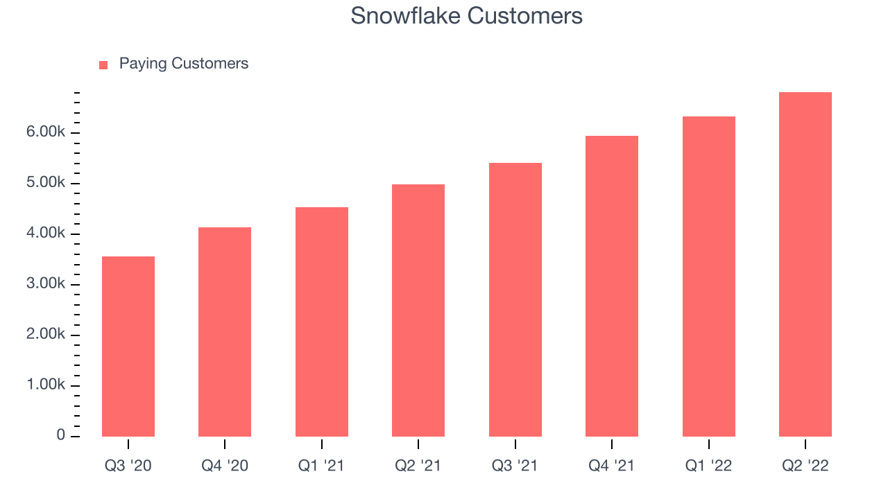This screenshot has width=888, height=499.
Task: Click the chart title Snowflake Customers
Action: (x=466, y=16)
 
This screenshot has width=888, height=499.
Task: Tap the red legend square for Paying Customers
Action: (x=103, y=65)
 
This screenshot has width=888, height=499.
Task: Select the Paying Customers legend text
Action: (x=184, y=64)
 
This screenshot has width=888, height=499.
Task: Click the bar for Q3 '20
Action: (x=128, y=347)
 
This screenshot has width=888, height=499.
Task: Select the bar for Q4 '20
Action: (x=225, y=332)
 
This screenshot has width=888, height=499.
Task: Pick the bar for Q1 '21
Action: (x=321, y=322)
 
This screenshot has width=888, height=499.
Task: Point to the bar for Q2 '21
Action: (x=418, y=310)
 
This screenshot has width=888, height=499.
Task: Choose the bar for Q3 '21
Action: (x=515, y=300)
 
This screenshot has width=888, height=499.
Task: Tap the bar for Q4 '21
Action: (x=612, y=286)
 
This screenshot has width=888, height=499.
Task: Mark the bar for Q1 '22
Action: (x=709, y=277)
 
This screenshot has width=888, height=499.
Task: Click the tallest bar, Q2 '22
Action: (x=805, y=265)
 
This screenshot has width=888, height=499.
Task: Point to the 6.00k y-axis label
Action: (x=46, y=132)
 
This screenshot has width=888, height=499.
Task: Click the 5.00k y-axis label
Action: (x=46, y=182)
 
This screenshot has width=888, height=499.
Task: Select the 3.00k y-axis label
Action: (x=46, y=283)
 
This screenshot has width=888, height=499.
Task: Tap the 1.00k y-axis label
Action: (x=46, y=384)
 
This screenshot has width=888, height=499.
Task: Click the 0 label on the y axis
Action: (x=60, y=435)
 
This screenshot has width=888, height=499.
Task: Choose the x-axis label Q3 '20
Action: (x=128, y=466)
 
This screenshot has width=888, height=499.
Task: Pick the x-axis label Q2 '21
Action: (x=418, y=466)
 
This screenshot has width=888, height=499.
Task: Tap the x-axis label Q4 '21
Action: (x=612, y=466)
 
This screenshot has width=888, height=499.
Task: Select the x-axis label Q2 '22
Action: (x=805, y=466)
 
